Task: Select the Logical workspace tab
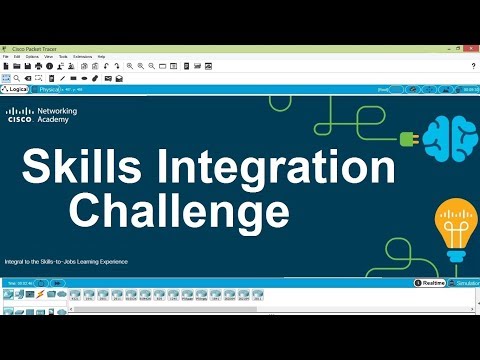[x=17, y=89]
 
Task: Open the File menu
[x=6, y=57]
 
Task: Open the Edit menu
[x=17, y=57]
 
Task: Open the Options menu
[x=32, y=57]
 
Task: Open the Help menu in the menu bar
[x=101, y=57]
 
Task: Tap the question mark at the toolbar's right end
[x=472, y=66]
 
